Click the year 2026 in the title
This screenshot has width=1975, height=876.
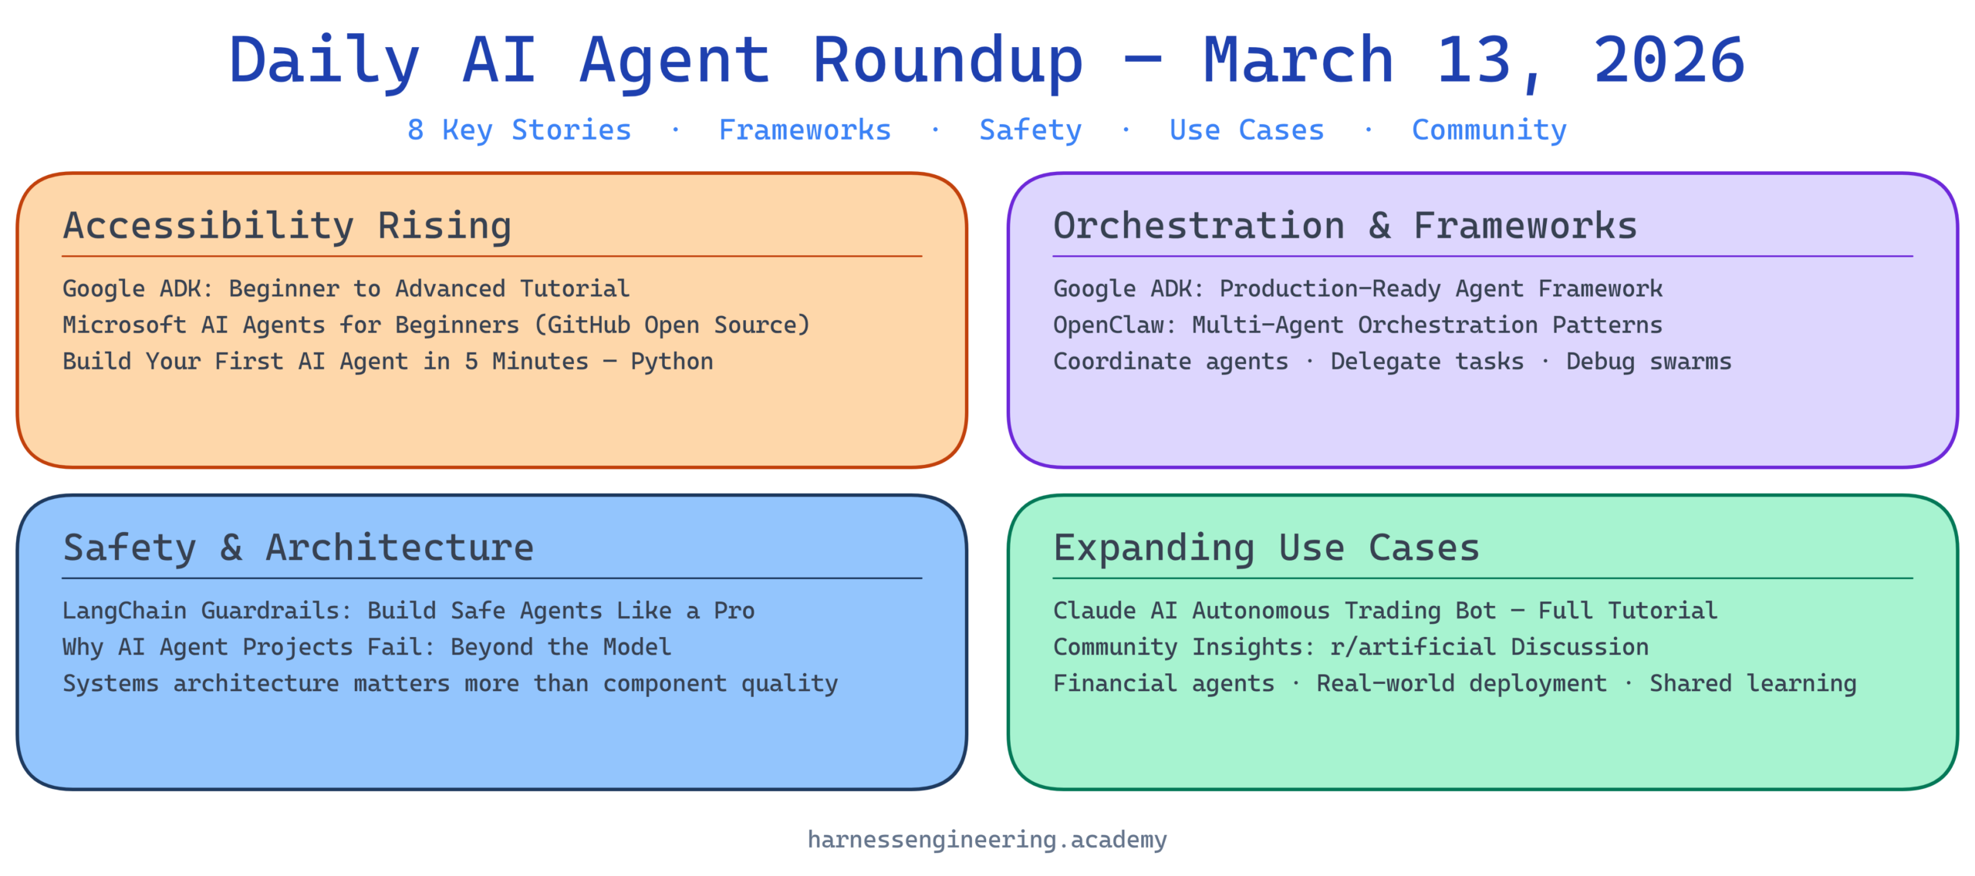1668,60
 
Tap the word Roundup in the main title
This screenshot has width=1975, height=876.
948,62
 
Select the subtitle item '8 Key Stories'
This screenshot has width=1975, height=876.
519,130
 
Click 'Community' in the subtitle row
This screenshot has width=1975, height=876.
1489,130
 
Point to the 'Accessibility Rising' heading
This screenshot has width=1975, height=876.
287,226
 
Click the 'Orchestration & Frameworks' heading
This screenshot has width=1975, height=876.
1345,225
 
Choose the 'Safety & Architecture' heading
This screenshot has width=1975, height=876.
299,547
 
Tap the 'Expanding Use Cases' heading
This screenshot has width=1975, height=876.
1266,548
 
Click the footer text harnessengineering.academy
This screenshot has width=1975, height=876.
987,839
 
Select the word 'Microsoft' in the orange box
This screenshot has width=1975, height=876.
124,325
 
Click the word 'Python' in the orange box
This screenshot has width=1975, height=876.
672,362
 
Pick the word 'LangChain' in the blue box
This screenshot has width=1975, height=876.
124,610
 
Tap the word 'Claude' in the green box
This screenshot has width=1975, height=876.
1095,610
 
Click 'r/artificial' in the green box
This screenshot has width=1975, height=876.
1413,646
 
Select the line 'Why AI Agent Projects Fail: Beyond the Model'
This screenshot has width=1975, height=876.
367,647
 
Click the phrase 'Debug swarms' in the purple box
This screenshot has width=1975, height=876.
1649,362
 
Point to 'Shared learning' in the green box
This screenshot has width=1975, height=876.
1753,683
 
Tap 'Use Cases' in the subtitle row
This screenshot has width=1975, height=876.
1247,130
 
